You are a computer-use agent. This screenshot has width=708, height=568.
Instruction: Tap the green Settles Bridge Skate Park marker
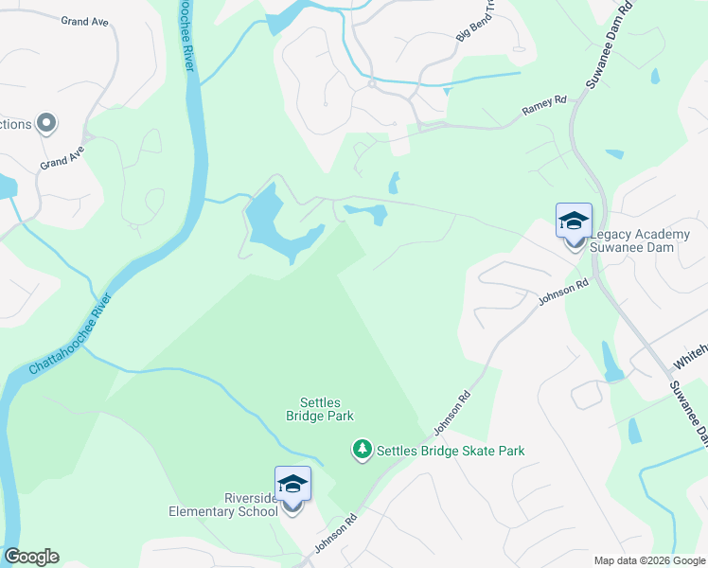click(x=362, y=449)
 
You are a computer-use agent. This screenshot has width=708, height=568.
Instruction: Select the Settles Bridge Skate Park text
click(x=451, y=452)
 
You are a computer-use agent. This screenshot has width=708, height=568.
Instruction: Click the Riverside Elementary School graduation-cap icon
click(x=292, y=485)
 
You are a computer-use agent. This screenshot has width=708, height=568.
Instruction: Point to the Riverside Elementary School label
click(x=223, y=506)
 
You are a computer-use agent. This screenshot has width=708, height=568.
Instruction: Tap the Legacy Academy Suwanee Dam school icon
click(x=574, y=222)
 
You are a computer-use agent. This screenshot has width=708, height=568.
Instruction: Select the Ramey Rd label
click(x=543, y=106)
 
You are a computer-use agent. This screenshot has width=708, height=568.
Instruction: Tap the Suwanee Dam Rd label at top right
click(x=607, y=44)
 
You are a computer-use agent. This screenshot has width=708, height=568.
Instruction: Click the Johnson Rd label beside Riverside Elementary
click(x=335, y=533)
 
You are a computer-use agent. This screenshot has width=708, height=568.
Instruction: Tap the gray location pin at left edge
click(x=44, y=124)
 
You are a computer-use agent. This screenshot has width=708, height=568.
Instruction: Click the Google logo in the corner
click(x=31, y=557)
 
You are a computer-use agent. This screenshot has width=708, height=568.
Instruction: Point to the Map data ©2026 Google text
click(x=648, y=560)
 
